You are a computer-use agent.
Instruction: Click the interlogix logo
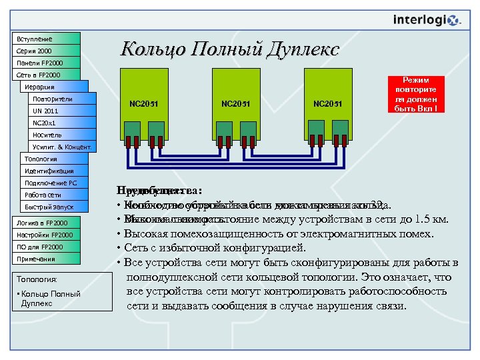427,21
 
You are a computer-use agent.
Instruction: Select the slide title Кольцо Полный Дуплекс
230,49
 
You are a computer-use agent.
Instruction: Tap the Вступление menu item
46,39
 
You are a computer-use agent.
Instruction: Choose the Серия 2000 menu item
46,51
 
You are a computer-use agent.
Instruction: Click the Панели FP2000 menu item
46,63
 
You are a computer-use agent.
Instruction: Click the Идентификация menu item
54,171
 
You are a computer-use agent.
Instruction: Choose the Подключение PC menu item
54,183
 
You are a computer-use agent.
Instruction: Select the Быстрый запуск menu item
54,207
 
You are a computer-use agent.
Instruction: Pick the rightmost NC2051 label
327,103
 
